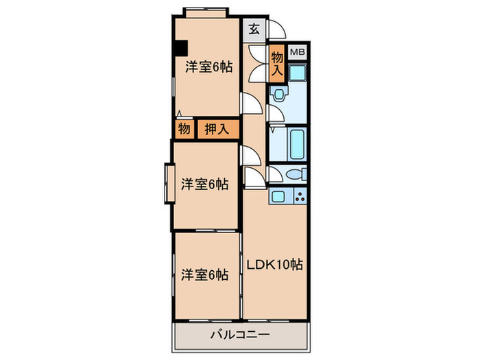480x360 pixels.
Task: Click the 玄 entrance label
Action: (x=253, y=29)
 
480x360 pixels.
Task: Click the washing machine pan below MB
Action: (x=298, y=72)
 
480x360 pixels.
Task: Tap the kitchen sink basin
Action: (x=279, y=197)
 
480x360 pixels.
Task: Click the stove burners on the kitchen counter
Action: (x=300, y=197)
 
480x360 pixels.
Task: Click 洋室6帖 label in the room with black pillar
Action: (x=208, y=67)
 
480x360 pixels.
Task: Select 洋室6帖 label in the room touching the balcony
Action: (x=205, y=274)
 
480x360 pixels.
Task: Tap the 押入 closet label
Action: (x=218, y=128)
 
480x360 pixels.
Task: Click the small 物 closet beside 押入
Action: (x=184, y=128)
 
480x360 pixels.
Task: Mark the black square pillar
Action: (x=180, y=49)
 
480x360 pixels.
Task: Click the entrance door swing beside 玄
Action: (x=276, y=29)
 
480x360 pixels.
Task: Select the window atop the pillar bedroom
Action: (x=206, y=12)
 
